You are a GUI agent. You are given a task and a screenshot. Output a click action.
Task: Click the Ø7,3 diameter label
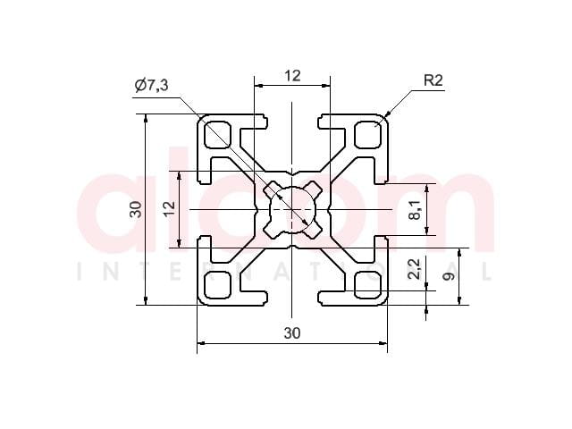pyautogui.click(x=151, y=85)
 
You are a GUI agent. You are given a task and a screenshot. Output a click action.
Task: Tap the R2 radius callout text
pyautogui.click(x=433, y=80)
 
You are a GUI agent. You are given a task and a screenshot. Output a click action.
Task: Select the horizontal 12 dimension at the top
pyautogui.click(x=292, y=76)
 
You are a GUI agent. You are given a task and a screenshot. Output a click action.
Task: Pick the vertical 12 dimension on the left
pyautogui.click(x=169, y=209)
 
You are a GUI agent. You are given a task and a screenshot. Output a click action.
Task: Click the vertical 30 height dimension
pyautogui.click(x=136, y=209)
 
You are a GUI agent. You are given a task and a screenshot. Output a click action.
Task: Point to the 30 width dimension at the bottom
pyautogui.click(x=292, y=332)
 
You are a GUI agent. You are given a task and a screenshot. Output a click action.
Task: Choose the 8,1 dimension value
pyautogui.click(x=415, y=210)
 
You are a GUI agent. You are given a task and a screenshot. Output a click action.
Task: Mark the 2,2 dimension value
pyautogui.click(x=415, y=269)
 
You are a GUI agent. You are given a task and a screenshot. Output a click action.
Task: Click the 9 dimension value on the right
pyautogui.click(x=449, y=276)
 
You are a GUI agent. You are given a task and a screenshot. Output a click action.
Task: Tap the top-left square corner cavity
pyautogui.click(x=218, y=135)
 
